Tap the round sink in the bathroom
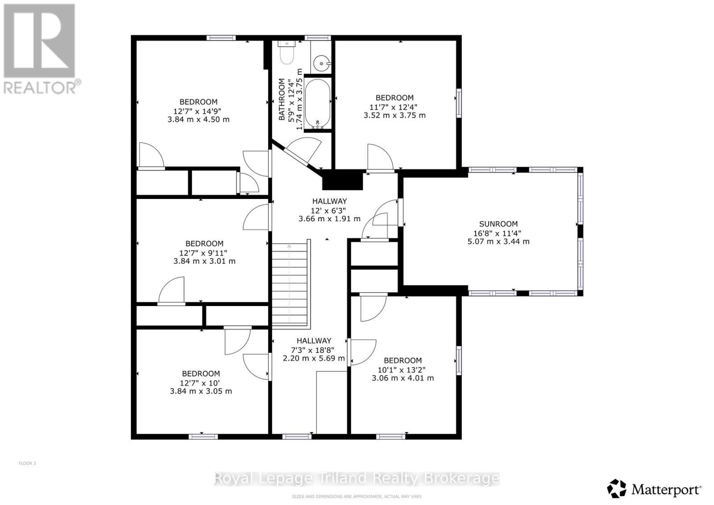[322, 64]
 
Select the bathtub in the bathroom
[317, 103]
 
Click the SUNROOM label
[498, 224]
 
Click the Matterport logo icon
[617, 489]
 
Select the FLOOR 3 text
[27, 463]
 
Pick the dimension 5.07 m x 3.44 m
[498, 241]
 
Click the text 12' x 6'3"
[329, 210]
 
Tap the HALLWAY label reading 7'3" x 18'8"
[314, 341]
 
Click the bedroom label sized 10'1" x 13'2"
[403, 360]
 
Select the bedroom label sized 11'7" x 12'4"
[394, 98]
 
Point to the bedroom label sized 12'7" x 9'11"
[204, 244]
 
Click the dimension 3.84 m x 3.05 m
[201, 391]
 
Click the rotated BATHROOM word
[282, 99]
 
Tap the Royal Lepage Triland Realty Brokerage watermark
[357, 479]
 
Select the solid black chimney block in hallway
[342, 181]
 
